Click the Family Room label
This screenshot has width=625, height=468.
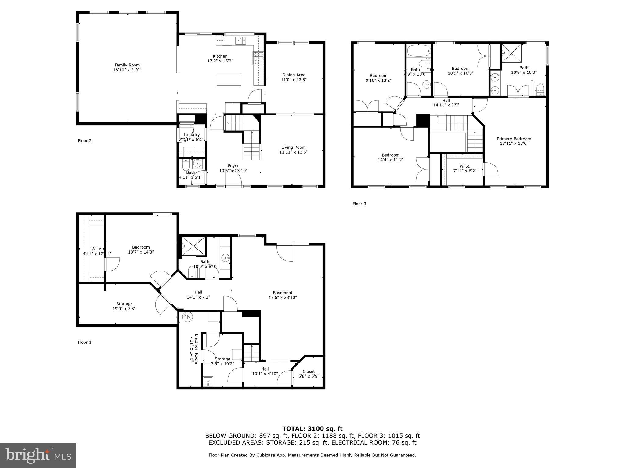(x=127, y=65)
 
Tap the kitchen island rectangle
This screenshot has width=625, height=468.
(x=229, y=79)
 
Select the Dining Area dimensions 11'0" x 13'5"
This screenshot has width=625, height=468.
(x=294, y=80)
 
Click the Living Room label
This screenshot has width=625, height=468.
(x=293, y=147)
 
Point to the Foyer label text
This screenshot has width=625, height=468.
(x=233, y=166)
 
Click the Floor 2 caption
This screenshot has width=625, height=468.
(x=85, y=141)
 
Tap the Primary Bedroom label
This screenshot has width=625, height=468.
(x=514, y=139)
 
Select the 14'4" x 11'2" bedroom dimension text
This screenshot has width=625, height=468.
(x=390, y=160)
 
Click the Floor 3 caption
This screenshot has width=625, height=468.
(x=359, y=204)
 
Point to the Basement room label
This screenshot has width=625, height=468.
(x=283, y=292)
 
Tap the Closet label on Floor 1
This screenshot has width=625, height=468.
(x=309, y=371)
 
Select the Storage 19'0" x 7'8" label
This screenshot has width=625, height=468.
(x=124, y=306)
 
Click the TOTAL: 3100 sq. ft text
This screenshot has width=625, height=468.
(x=312, y=429)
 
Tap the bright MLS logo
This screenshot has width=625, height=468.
(x=38, y=456)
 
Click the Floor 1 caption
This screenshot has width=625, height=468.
(x=85, y=342)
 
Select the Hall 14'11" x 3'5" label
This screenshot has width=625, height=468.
(x=446, y=103)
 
